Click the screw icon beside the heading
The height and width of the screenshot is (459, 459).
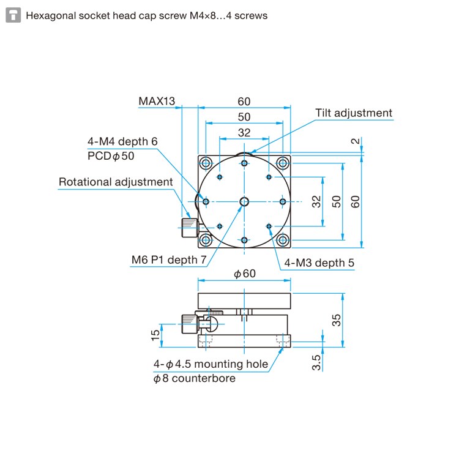coord(13,15)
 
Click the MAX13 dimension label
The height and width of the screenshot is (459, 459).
coord(157,101)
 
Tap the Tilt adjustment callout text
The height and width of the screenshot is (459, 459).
coord(354,113)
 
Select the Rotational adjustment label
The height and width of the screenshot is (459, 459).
coord(116,182)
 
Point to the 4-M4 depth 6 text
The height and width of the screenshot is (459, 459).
coord(122,141)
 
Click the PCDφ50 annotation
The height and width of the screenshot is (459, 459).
coord(111,156)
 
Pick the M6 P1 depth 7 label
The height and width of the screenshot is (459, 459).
coord(169,260)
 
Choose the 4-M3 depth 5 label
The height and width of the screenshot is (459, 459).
coord(318,263)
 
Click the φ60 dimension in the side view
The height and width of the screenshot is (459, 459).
coord(245,274)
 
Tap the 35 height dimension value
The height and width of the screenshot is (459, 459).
coord(337,320)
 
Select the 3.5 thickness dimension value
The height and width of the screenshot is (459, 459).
coord(316,362)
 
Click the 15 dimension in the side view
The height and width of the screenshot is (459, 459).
coord(156,334)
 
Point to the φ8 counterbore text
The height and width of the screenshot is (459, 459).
coord(194,378)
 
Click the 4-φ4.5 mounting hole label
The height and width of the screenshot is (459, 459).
coord(211,364)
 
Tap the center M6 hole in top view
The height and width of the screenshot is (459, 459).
coord(244,201)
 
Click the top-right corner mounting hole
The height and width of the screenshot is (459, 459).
coord(282,163)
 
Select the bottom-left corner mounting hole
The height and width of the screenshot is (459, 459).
coord(206,239)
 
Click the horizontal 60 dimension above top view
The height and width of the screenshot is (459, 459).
coord(244,101)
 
